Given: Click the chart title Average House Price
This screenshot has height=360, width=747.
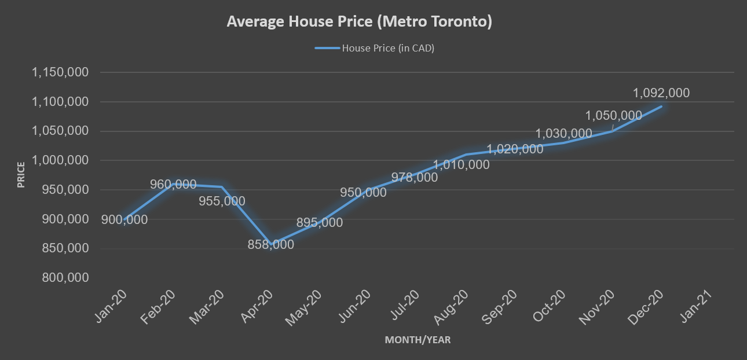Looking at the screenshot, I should click(x=359, y=22).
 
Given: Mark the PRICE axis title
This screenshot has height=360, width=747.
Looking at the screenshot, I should click(x=21, y=174).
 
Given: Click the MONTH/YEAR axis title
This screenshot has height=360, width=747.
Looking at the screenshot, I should click(x=418, y=340).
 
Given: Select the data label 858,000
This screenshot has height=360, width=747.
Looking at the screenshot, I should click(x=270, y=245).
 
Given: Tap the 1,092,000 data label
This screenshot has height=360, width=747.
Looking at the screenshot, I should click(x=661, y=93).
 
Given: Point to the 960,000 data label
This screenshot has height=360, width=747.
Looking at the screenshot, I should click(x=173, y=185).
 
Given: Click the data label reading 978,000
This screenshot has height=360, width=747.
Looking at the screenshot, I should click(x=414, y=178).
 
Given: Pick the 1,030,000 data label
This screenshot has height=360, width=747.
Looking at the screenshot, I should click(x=563, y=134).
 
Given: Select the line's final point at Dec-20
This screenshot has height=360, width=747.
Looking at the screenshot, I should click(x=661, y=106).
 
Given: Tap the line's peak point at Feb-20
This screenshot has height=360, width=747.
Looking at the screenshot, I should click(x=171, y=184).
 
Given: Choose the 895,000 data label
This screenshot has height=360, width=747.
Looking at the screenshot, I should click(x=319, y=223).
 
